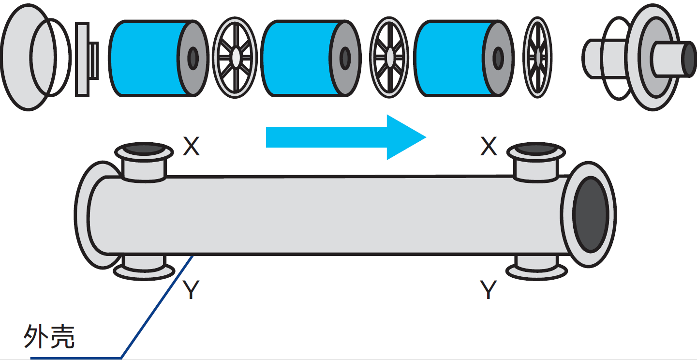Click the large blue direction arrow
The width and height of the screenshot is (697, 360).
[x=346, y=137]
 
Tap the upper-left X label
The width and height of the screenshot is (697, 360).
[x=191, y=146]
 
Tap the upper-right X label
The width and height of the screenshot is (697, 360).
[x=489, y=146]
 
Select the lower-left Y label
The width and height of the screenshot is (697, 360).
[x=191, y=289]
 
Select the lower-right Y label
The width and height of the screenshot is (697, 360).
[x=488, y=289]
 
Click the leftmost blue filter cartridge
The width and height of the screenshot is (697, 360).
[x=159, y=58]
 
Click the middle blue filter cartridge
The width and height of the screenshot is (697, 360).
[x=311, y=58]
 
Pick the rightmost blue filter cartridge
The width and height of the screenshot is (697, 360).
[x=464, y=58]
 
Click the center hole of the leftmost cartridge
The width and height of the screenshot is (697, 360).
[x=193, y=58]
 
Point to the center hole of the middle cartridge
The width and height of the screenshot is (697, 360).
[x=345, y=58]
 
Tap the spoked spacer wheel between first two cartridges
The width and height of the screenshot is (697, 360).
[x=235, y=58]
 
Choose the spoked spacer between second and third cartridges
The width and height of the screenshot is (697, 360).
[x=389, y=58]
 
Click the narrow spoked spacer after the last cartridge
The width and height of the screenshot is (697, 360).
[x=537, y=58]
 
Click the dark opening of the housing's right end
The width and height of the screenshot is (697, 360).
[x=591, y=214]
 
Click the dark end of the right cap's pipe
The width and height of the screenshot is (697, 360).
[x=689, y=59]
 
